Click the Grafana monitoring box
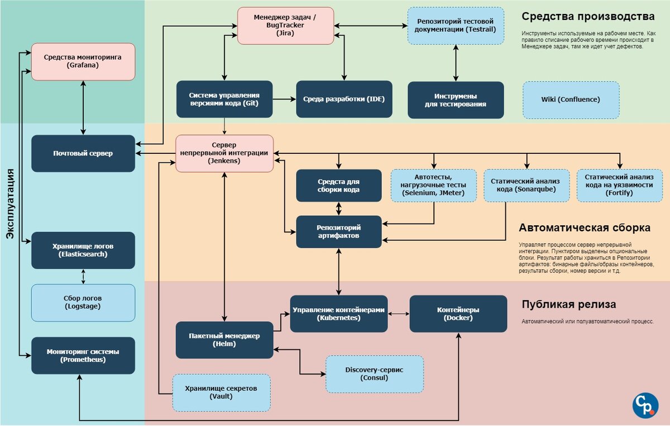click(x=83, y=61)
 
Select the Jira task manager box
click(x=285, y=26)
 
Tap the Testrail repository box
click(x=456, y=25)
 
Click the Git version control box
click(x=224, y=99)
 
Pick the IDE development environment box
click(x=344, y=99)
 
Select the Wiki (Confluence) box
click(x=571, y=100)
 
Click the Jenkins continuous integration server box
click(x=224, y=153)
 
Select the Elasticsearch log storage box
click(x=83, y=250)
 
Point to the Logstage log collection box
click(x=83, y=302)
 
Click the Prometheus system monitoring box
click(x=83, y=355)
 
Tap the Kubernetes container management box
click(x=339, y=313)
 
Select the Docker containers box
click(x=458, y=313)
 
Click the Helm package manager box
click(x=224, y=340)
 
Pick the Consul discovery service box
click(x=374, y=374)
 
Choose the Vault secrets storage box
click(x=222, y=392)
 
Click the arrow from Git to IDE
click(x=285, y=99)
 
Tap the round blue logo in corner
click(x=645, y=405)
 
